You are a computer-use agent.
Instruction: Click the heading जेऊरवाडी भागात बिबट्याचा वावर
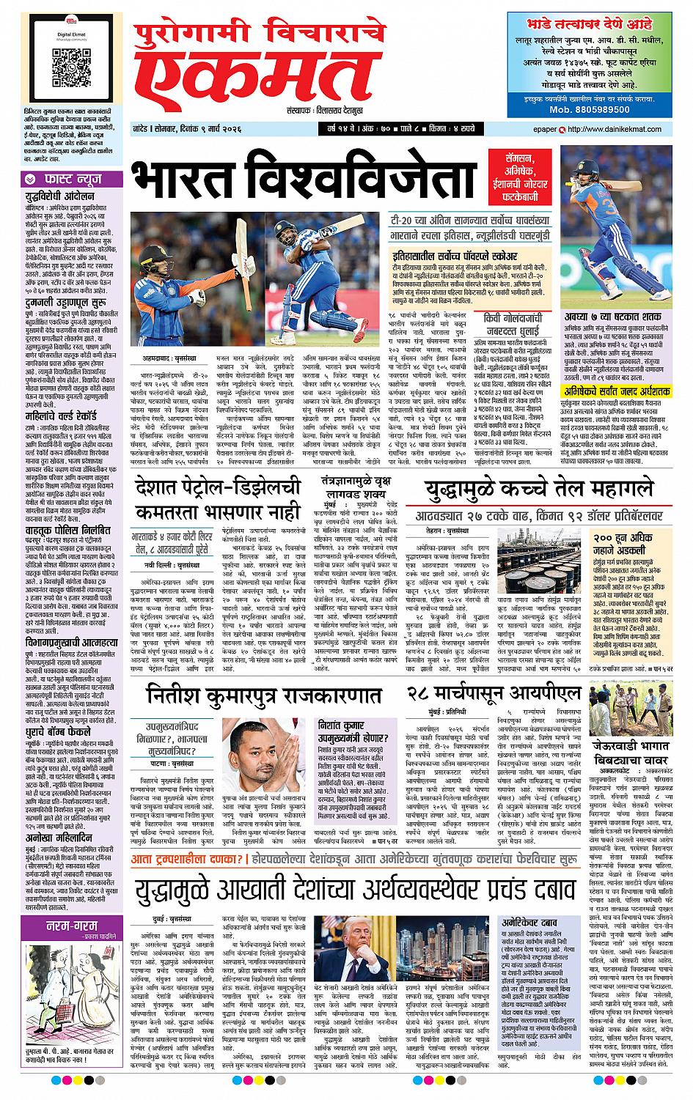click(634, 779)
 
